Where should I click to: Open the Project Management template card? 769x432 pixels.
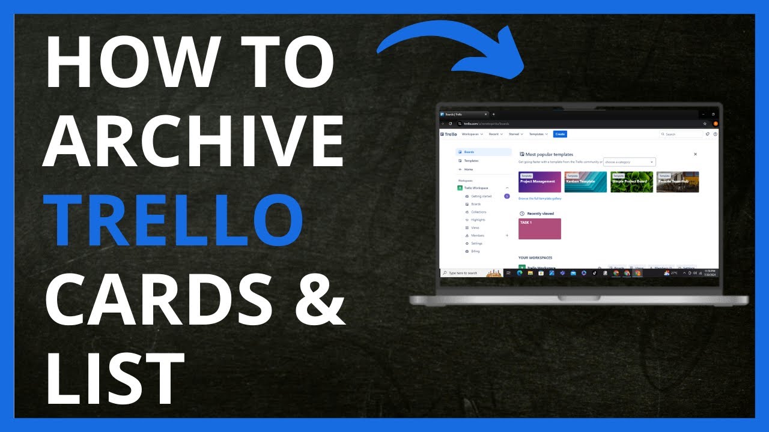(540, 182)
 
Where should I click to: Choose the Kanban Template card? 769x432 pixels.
(586, 182)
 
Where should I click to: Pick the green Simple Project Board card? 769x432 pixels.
(631, 182)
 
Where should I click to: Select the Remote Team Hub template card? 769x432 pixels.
(678, 182)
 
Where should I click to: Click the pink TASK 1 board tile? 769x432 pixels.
(540, 229)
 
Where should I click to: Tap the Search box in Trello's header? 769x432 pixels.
(681, 134)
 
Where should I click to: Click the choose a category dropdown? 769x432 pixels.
(629, 162)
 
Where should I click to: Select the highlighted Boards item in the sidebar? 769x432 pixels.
(484, 152)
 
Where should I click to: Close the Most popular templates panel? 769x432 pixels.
(695, 154)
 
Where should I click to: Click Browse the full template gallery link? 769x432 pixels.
(540, 199)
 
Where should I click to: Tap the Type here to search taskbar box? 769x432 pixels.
(463, 273)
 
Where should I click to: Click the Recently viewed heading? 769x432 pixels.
(540, 214)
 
